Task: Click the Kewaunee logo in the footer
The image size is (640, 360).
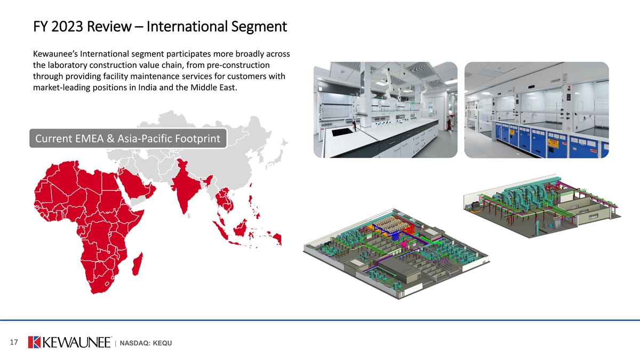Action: tap(69, 342)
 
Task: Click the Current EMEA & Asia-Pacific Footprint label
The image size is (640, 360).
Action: tap(127, 139)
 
